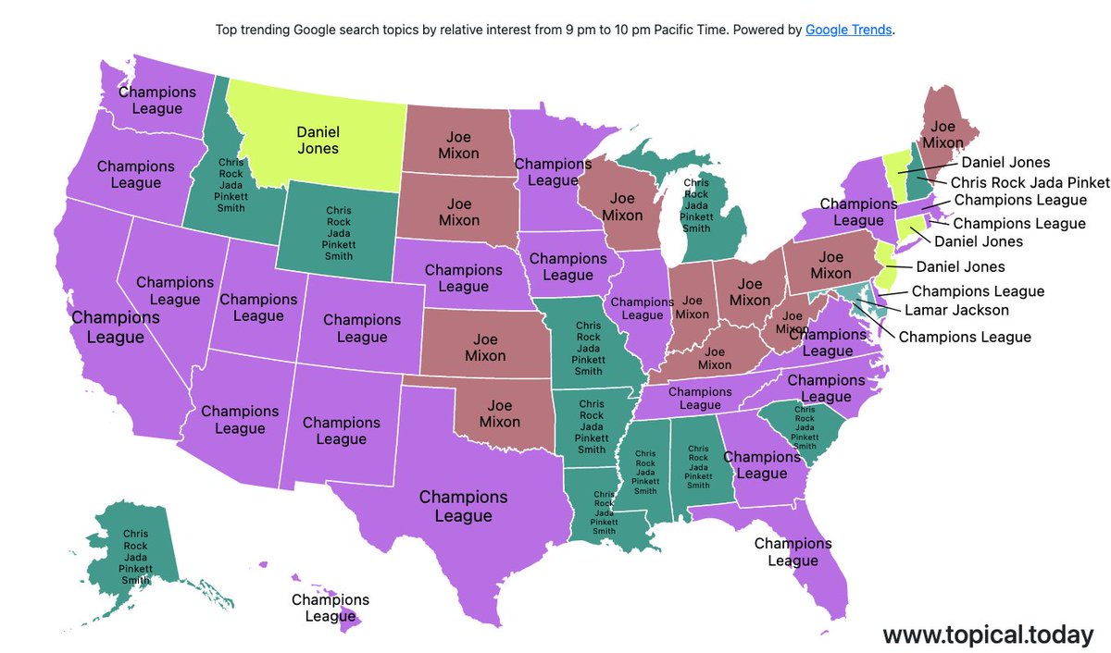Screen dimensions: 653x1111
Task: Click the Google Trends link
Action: pyautogui.click(x=849, y=30)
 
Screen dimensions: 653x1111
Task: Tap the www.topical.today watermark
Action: pyautogui.click(x=988, y=635)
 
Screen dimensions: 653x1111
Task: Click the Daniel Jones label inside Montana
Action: pyautogui.click(x=318, y=141)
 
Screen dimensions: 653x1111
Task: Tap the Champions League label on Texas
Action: pyautogui.click(x=463, y=506)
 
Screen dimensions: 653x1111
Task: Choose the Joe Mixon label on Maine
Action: pyautogui.click(x=942, y=134)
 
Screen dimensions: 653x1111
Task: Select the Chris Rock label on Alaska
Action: pyautogui.click(x=135, y=557)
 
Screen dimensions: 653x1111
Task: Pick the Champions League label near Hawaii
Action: pyautogui.click(x=331, y=608)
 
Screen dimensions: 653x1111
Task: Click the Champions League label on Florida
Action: pyautogui.click(x=793, y=552)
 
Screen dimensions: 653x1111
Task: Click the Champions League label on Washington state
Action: pyautogui.click(x=157, y=100)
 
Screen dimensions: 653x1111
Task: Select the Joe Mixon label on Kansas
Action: pyautogui.click(x=485, y=347)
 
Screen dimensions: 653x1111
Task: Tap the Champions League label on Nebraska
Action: pyautogui.click(x=463, y=278)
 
